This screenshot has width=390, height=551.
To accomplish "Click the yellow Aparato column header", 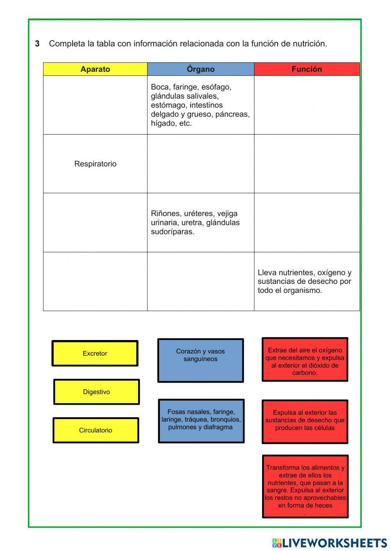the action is coord(95,69).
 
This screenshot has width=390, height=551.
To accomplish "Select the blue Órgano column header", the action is coord(200,69).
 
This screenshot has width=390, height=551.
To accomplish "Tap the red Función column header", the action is coord(307,69).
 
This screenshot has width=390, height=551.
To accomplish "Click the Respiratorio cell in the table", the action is coord(95,164).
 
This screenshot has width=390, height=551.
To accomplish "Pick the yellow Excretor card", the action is coord(95,353).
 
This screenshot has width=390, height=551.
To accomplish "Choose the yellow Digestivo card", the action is coord(96,392).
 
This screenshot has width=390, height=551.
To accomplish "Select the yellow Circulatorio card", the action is coord(96,430).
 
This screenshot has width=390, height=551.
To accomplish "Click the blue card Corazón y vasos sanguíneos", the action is coord(200,360).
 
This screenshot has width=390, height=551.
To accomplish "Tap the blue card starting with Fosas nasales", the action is coord(201,421).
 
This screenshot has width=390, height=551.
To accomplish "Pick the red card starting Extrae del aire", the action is coord(305,359).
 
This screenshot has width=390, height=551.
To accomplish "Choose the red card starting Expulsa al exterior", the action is coord(305,422).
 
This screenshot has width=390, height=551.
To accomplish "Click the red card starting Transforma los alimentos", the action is coord(305,486).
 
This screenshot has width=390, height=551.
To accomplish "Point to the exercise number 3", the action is coord(37,44).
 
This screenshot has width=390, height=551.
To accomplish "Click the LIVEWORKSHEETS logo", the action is coord(330,542).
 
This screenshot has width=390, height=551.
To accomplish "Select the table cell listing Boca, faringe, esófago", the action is coord(200,105).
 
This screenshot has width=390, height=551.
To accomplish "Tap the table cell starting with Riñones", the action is coord(200,222).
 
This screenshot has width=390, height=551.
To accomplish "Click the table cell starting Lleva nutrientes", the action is coord(307,281).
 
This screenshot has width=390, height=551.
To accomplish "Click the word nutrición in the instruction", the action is coord(309,44).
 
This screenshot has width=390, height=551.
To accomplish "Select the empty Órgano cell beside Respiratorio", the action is coord(200,164).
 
